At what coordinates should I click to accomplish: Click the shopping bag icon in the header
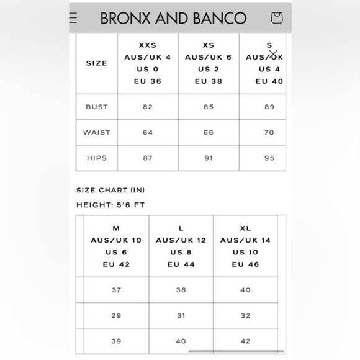point(277,17)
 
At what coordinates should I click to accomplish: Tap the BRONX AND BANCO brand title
point(173,18)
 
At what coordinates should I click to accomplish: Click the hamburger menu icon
point(74,17)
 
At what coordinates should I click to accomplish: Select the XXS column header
point(148,63)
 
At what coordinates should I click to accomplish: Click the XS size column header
point(209,63)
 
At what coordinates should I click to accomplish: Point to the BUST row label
point(97,107)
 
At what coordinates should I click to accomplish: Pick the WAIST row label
point(97,132)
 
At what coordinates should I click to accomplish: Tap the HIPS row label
point(97,158)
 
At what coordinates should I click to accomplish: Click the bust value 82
point(148,107)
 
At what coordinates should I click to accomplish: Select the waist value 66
point(209,132)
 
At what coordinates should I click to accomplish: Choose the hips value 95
point(269,158)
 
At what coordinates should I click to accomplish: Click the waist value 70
point(269,132)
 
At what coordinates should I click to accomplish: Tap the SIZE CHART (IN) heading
point(110,190)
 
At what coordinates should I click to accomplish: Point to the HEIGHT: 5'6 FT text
point(111,205)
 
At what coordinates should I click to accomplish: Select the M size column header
point(116,246)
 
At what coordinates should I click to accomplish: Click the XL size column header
point(246,246)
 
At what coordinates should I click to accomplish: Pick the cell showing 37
point(116,290)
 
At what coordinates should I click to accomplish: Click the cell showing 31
point(181,315)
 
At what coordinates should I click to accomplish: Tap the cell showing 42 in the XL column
point(246,341)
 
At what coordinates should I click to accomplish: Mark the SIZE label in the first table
point(97,63)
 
